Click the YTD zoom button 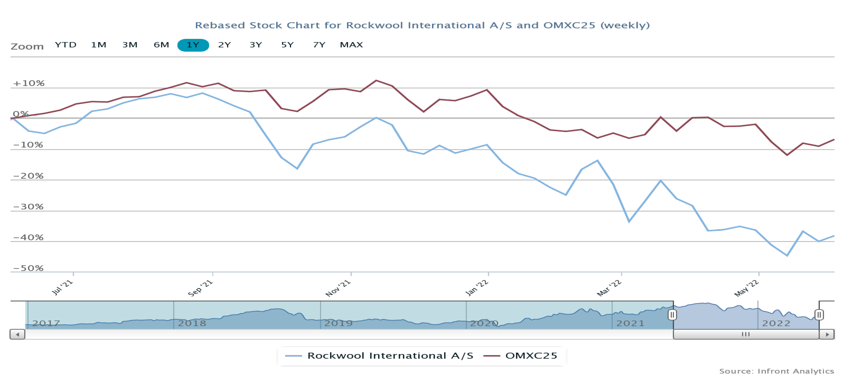point(66,45)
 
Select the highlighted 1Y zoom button point(193,45)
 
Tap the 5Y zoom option point(287,45)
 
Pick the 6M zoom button point(161,45)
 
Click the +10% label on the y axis point(29,83)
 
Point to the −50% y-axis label point(28,268)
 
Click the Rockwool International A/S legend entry point(379,356)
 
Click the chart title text point(422,25)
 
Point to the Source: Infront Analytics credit point(776,371)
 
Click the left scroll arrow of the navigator point(17,334)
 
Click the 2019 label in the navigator point(338,323)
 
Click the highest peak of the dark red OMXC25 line point(376,80)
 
